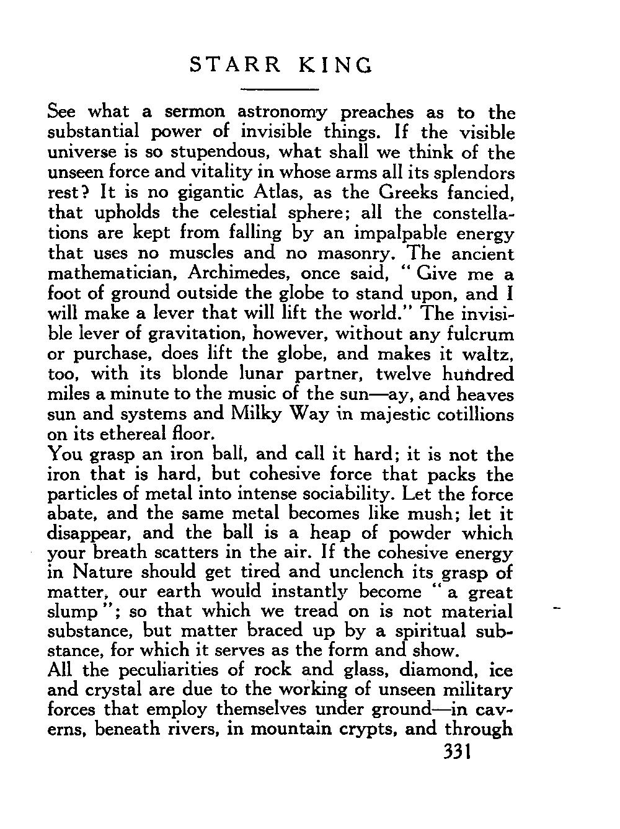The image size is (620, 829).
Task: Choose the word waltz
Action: (x=489, y=355)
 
